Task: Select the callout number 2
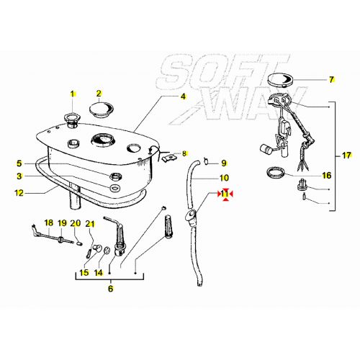pos(100,93)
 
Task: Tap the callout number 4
pos(183,96)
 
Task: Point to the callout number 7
pos(332,80)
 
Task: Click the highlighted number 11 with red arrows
pos(225,194)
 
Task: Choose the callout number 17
pos(346,156)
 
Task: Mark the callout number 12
pos(19,192)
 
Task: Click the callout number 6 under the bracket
pos(110,289)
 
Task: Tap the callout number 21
pos(90,223)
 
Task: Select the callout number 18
pos(49,223)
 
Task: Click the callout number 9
pos(223,163)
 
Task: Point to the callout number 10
pos(223,178)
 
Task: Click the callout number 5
pos(19,163)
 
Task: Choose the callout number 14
pos(99,273)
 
